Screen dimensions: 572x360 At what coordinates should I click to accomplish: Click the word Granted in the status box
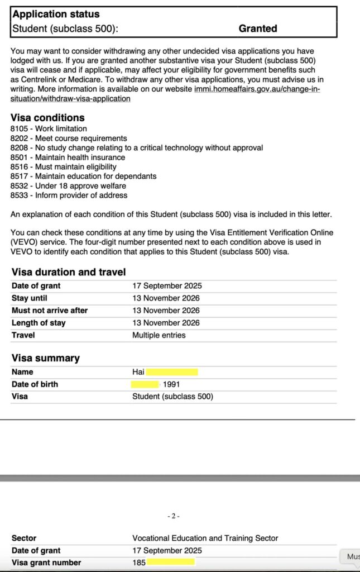click(x=258, y=28)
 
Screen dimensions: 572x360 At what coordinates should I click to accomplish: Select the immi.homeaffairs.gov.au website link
click(x=257, y=89)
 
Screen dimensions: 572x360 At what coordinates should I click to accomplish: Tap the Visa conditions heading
click(x=47, y=118)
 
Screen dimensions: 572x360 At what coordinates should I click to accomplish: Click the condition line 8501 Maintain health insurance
click(x=68, y=158)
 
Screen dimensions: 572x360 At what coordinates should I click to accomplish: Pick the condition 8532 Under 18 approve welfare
click(x=68, y=186)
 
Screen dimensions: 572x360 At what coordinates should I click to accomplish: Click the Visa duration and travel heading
click(x=69, y=272)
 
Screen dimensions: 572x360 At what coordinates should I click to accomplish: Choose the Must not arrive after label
click(x=50, y=311)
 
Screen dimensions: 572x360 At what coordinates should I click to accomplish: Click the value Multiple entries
click(x=159, y=335)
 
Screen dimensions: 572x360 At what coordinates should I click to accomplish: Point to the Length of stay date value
click(x=166, y=323)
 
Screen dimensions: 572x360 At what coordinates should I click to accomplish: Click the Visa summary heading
click(x=45, y=358)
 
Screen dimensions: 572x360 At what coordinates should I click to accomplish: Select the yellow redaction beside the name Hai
click(x=172, y=372)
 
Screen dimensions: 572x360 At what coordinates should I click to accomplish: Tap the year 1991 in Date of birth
click(x=171, y=384)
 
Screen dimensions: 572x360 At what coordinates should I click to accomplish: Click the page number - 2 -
click(x=173, y=516)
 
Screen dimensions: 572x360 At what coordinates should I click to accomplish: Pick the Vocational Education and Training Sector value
click(x=205, y=538)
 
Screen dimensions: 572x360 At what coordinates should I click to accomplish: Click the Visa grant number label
click(x=46, y=563)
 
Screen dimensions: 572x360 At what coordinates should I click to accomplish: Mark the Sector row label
click(x=24, y=538)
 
